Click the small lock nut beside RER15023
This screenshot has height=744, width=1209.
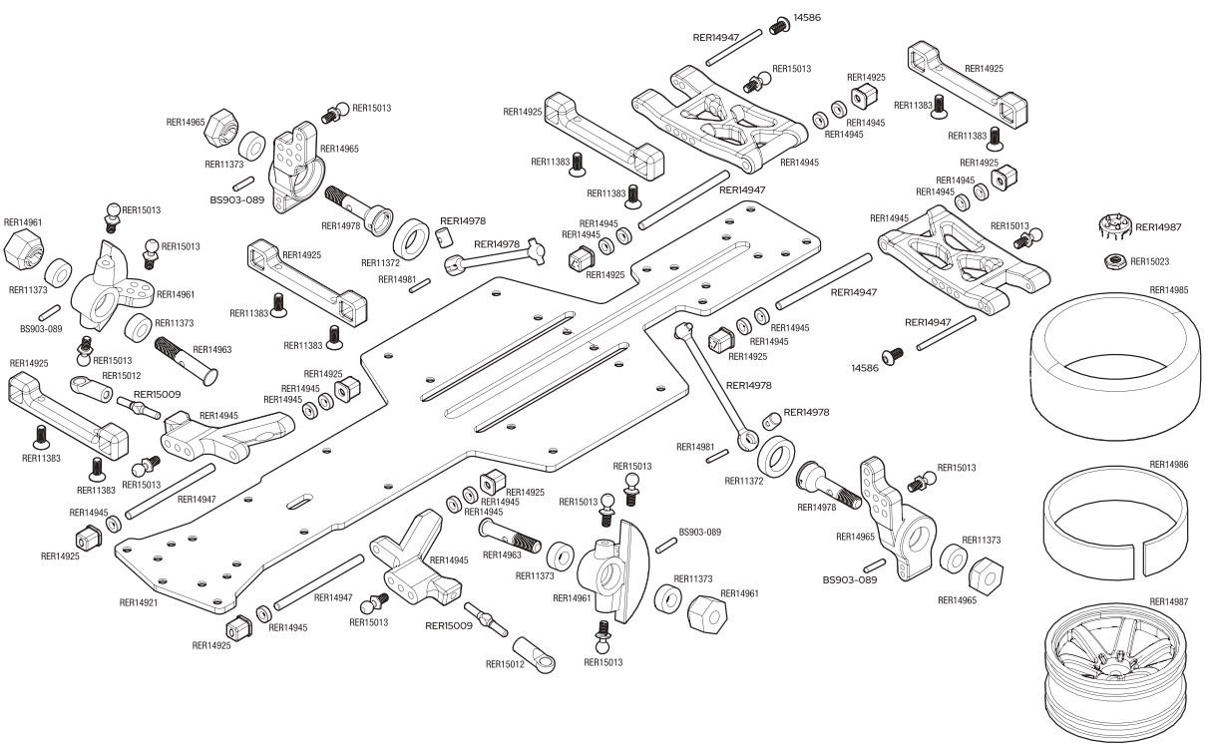tap(1115, 261)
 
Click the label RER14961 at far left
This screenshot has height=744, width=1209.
tap(23, 222)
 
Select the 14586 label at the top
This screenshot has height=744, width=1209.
tap(807, 18)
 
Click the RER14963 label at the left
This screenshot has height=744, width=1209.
tap(211, 350)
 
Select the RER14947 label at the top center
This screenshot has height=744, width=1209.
tap(716, 37)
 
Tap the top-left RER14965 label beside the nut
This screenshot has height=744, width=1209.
tap(185, 123)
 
